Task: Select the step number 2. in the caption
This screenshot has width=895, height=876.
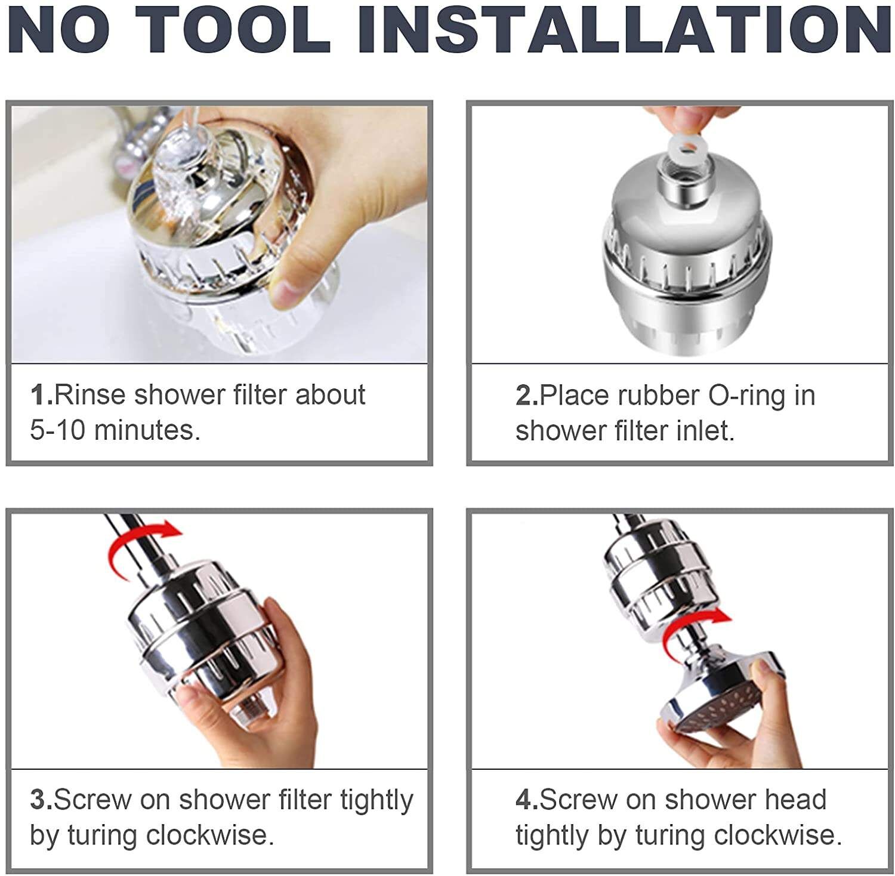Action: pyautogui.click(x=526, y=396)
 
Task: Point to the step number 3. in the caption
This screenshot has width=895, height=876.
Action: pyautogui.click(x=41, y=800)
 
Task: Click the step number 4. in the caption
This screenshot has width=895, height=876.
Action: pyautogui.click(x=526, y=800)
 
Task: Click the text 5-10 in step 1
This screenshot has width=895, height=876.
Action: pyautogui.click(x=57, y=430)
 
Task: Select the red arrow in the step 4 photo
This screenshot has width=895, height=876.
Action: pyautogui.click(x=695, y=630)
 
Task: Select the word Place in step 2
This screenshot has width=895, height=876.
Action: pyautogui.click(x=575, y=396)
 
